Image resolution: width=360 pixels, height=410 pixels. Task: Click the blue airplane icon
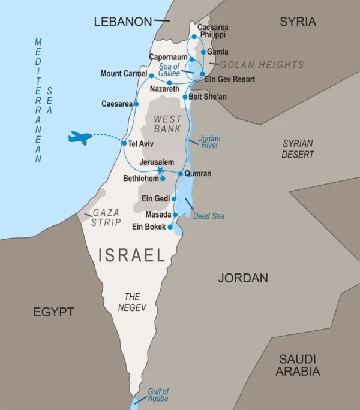pyautogui.click(x=79, y=138)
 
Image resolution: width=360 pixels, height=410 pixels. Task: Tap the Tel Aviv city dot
pyautogui.click(x=124, y=144)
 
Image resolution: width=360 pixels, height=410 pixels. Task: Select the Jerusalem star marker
pyautogui.click(x=160, y=171)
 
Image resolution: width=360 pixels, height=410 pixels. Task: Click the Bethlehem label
pyautogui.click(x=140, y=179)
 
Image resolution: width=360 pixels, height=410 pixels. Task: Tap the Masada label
pyautogui.click(x=158, y=214)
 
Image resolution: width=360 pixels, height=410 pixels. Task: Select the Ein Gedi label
pyautogui.click(x=155, y=199)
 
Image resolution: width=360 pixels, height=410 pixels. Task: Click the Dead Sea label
pyautogui.click(x=208, y=216)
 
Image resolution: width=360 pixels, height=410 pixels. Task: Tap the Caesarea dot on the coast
pyautogui.click(x=135, y=104)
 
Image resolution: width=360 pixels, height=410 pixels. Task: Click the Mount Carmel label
pyautogui.click(x=124, y=74)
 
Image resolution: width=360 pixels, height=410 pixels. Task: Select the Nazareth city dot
pyautogui.click(x=170, y=83)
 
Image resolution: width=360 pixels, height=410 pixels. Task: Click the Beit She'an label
pyautogui.click(x=208, y=96)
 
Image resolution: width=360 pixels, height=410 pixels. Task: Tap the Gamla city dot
pyautogui.click(x=203, y=52)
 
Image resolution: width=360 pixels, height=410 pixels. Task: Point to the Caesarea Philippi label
pyautogui.click(x=213, y=31)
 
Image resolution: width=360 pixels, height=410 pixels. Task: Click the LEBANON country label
pyautogui.click(x=123, y=22)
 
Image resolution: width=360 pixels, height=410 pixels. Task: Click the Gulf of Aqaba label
pyautogui.click(x=158, y=395)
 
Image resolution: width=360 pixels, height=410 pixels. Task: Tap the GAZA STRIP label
pyautogui.click(x=106, y=217)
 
